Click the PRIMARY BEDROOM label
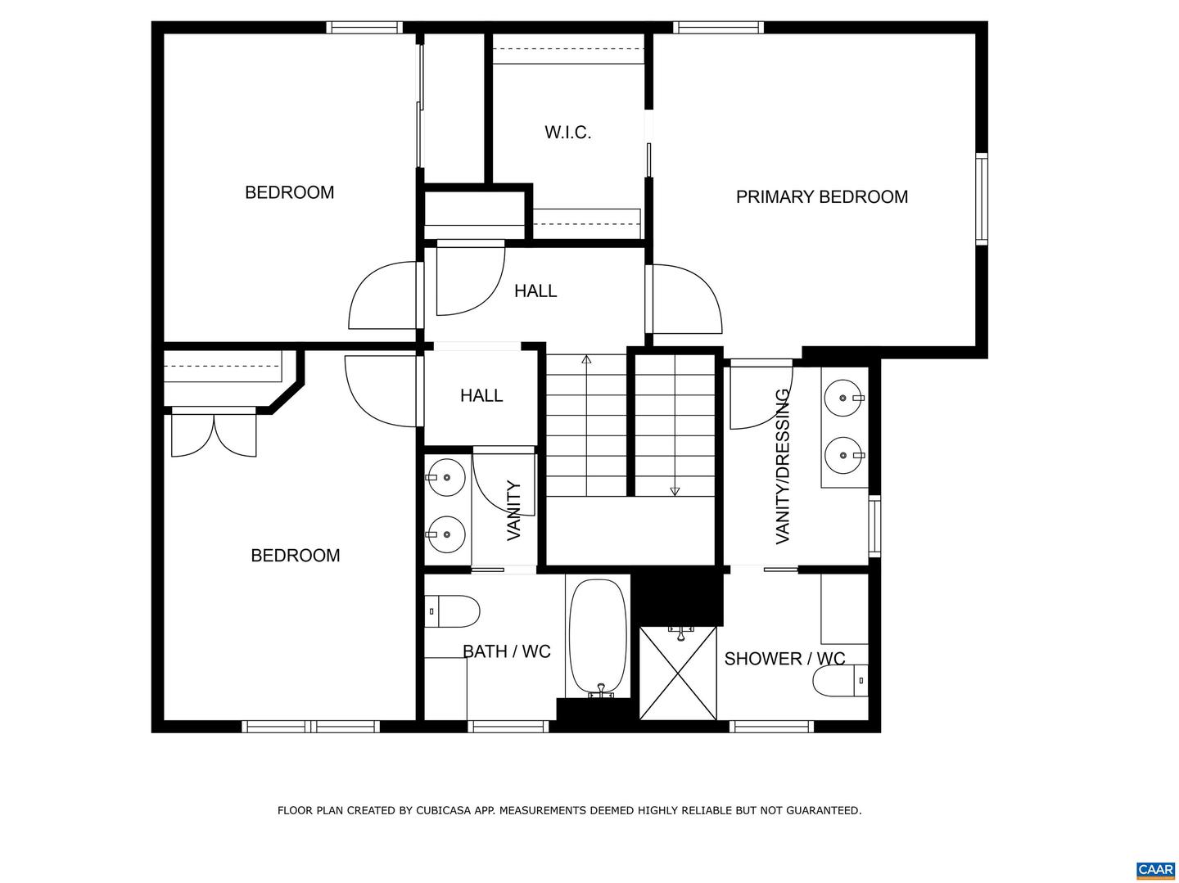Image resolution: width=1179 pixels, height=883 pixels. (x=821, y=197)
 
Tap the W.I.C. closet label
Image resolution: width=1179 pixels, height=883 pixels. (x=567, y=133)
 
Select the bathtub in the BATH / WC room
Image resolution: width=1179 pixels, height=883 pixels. (x=598, y=637)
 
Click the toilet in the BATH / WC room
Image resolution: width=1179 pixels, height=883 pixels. (x=452, y=610)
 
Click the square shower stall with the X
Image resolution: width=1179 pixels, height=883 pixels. (x=678, y=674)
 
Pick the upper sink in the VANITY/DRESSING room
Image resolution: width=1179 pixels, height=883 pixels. (x=843, y=399)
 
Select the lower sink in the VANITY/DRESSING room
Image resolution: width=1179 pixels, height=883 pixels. (x=843, y=455)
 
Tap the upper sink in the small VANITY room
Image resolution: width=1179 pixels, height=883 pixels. (x=445, y=477)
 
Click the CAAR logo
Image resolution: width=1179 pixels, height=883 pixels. (x=1155, y=870)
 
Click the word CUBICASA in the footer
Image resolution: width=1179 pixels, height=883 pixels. (x=448, y=811)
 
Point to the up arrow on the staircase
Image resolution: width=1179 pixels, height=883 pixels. (x=586, y=359)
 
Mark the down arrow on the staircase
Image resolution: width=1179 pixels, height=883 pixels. (x=675, y=491)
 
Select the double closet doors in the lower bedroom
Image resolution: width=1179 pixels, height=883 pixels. (x=214, y=435)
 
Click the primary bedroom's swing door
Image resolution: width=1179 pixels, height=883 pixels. (x=686, y=300)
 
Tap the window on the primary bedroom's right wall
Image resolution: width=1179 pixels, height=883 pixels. (x=981, y=198)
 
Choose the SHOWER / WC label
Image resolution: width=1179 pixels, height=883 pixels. (x=784, y=659)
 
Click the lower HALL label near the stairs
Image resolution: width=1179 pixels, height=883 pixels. (x=481, y=396)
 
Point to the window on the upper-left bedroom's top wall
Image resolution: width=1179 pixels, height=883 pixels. (x=364, y=27)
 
